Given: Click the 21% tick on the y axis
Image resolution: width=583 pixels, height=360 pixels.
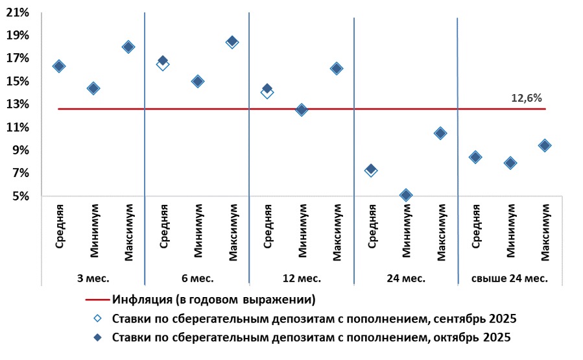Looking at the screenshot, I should click(18, 12).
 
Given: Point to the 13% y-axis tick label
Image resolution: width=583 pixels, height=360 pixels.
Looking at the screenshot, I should click(18, 104).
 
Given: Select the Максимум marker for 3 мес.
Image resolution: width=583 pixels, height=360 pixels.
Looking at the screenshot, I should click(128, 47).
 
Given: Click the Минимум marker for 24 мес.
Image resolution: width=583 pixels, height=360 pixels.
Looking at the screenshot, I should click(406, 195).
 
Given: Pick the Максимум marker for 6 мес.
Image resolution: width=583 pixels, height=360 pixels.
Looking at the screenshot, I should click(232, 42).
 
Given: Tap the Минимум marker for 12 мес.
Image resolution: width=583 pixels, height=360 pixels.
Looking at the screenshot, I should click(302, 110).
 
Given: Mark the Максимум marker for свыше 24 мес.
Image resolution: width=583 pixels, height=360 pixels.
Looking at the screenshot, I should click(545, 145).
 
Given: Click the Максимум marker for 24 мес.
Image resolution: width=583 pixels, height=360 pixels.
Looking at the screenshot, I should click(440, 133).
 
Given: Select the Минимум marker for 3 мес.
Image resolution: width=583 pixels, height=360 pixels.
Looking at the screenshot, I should click(93, 88).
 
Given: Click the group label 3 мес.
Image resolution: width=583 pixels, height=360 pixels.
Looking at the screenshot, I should click(93, 278).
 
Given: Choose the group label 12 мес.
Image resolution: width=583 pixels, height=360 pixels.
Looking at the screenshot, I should click(302, 278).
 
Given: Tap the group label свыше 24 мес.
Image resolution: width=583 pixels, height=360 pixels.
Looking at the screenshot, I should click(510, 278).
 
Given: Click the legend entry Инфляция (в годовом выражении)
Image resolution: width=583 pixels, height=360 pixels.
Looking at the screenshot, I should click(214, 300).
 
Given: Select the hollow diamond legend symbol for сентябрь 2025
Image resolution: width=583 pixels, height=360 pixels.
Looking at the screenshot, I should click(96, 318).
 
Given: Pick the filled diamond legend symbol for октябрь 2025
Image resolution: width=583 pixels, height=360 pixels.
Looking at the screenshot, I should click(96, 337).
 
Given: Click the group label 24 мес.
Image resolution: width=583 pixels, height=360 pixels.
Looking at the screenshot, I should click(406, 278).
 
